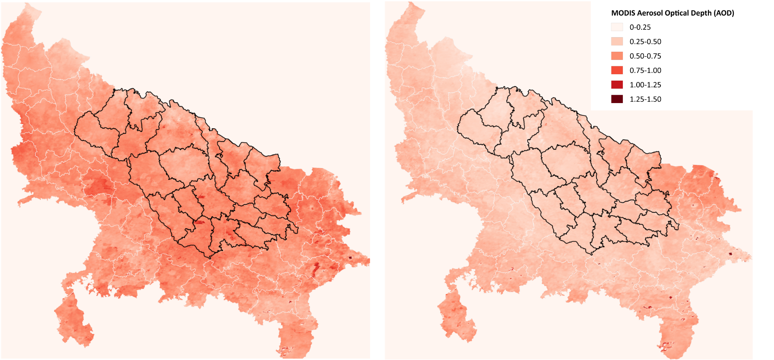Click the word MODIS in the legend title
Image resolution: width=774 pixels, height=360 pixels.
click(623, 13)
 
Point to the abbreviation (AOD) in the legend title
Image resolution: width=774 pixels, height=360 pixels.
click(724, 13)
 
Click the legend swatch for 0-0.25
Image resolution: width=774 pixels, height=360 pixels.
click(617, 27)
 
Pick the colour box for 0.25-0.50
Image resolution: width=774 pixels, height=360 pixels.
click(617, 42)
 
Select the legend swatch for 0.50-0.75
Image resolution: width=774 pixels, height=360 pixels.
click(617, 56)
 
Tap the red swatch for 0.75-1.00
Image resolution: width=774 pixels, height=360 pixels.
click(617, 71)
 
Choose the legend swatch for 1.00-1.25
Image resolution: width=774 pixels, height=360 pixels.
click(617, 85)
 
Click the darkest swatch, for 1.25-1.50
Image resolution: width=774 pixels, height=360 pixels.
click(617, 99)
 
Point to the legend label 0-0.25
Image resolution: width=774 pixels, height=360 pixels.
click(640, 27)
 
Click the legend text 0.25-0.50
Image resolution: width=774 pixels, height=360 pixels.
click(645, 42)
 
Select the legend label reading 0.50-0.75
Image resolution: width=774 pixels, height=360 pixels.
click(645, 56)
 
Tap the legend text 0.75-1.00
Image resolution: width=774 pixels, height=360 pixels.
click(645, 71)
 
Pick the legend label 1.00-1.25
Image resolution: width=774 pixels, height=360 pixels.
click(645, 85)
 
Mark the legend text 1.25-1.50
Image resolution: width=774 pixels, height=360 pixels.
click(645, 99)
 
